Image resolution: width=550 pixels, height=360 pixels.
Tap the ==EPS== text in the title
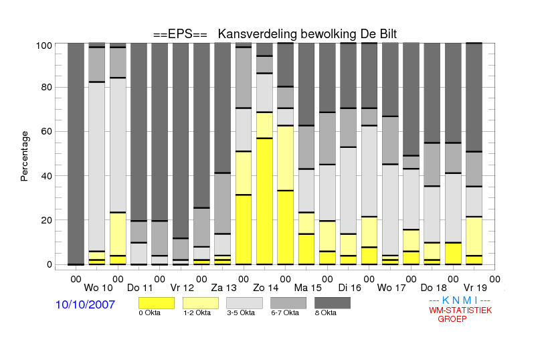pyautogui.click(x=180, y=34)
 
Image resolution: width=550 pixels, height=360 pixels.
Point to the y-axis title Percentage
pyautogui.click(x=24, y=156)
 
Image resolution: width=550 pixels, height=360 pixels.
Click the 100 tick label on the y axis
pyautogui.click(x=44, y=46)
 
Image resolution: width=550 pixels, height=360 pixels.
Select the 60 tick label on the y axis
pyautogui.click(x=47, y=131)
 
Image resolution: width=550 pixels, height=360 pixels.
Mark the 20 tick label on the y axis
pyautogui.click(x=47, y=220)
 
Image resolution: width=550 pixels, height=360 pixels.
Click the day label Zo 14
pyautogui.click(x=266, y=288)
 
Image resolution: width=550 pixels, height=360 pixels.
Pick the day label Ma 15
pyautogui.click(x=308, y=288)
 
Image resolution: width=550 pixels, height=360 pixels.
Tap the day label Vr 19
pyautogui.click(x=475, y=288)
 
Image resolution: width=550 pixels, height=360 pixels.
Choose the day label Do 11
pyautogui.click(x=140, y=288)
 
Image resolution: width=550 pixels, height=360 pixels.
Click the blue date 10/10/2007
pyautogui.click(x=85, y=304)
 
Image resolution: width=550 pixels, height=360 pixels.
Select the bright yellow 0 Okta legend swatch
pyautogui.click(x=157, y=303)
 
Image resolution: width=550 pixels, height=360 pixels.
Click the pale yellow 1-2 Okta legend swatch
pyautogui.click(x=201, y=303)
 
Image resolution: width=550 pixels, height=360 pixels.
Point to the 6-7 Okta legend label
pyautogui.click(x=285, y=312)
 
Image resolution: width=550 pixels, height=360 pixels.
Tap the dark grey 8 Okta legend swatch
pyautogui.click(x=333, y=303)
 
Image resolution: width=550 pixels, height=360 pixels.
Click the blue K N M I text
pyautogui.click(x=460, y=300)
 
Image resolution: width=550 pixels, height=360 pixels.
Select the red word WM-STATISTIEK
pyautogui.click(x=460, y=310)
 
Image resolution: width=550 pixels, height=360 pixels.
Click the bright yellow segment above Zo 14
pyautogui.click(x=264, y=201)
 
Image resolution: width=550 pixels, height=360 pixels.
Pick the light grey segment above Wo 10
pyautogui.click(x=96, y=167)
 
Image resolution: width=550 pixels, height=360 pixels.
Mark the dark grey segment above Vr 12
pyautogui.click(x=181, y=141)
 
